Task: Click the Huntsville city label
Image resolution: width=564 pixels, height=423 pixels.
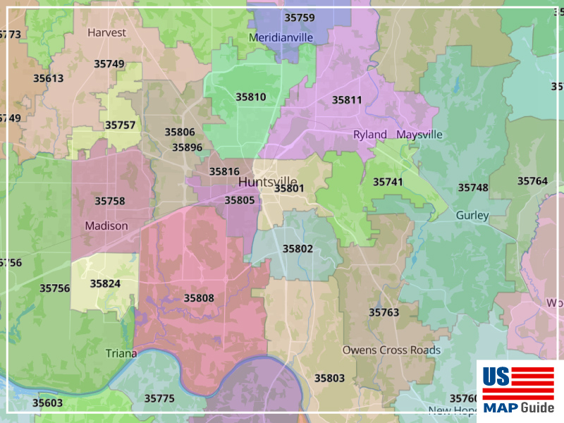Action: [x=267, y=181]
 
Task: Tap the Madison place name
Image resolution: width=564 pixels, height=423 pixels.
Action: [x=106, y=226]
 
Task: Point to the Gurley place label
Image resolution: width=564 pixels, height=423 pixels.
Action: [x=472, y=215]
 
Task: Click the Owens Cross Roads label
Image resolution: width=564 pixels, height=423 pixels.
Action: [x=391, y=350]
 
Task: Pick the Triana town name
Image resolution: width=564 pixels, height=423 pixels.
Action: [x=121, y=353]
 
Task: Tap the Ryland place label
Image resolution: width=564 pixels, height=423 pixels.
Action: [x=370, y=135]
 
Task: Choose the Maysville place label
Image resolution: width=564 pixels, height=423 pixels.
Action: [x=419, y=135]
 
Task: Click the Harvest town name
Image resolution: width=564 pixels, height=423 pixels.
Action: [x=107, y=32]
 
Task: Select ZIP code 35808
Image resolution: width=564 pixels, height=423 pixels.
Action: [x=199, y=298]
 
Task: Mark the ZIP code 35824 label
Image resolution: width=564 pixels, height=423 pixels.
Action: [x=105, y=283]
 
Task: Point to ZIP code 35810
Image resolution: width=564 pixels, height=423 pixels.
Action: [x=251, y=97]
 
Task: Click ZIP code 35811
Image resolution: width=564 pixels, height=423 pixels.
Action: [x=347, y=100]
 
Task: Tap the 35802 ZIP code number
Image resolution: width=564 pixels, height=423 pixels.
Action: [x=298, y=249]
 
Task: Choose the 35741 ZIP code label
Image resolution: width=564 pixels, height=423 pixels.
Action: [x=388, y=182]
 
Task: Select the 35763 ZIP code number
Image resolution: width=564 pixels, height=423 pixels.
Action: [x=384, y=312]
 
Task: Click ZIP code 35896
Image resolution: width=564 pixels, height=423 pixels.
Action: [x=188, y=147]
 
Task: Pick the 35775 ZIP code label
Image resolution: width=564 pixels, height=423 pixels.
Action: [x=159, y=398]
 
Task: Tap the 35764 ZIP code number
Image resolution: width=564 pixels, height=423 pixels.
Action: [x=532, y=181]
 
